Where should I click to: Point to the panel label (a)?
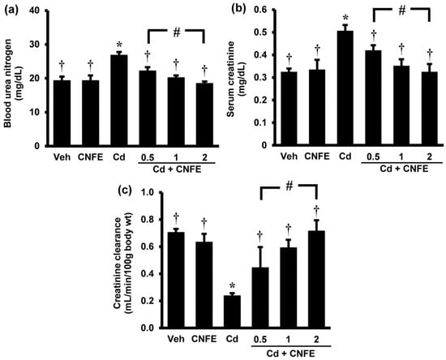[x=13, y=10]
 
